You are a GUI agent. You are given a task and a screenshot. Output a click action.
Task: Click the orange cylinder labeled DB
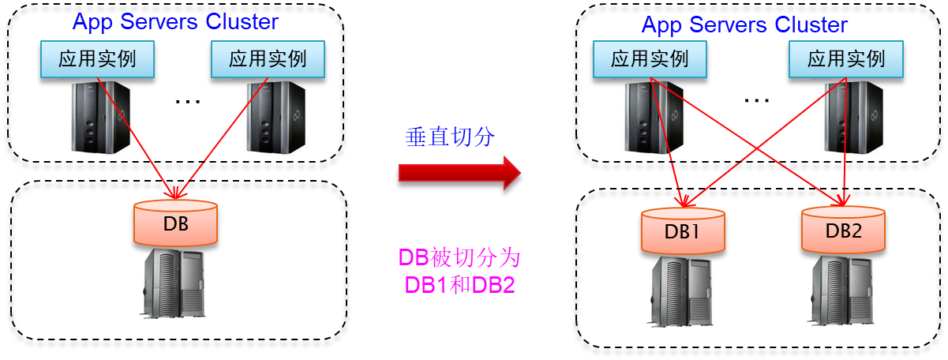[175, 223]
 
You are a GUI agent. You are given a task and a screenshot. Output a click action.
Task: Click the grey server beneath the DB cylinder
[172, 283]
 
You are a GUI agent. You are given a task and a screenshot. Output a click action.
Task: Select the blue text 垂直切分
[450, 137]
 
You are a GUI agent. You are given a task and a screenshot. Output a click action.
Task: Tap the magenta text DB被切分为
[459, 259]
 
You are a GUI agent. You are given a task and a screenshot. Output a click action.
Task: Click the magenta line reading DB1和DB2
[459, 285]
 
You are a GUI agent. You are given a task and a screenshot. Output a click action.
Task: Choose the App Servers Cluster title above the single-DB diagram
[175, 21]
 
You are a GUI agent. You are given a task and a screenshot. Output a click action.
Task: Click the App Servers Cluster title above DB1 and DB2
[744, 24]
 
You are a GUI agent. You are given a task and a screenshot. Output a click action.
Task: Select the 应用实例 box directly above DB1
[650, 58]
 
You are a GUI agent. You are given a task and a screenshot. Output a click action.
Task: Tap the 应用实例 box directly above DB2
[846, 58]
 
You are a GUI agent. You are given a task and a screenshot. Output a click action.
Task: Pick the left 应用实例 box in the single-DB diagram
[97, 58]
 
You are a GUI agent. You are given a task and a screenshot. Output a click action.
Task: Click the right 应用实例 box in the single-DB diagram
[268, 58]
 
